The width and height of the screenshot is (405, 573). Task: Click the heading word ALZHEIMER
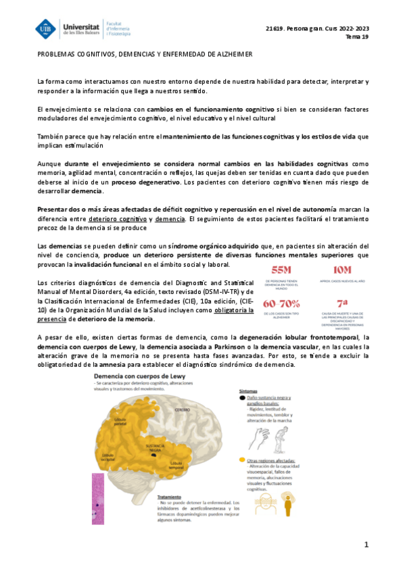230,54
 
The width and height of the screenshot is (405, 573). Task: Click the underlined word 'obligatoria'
234,310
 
